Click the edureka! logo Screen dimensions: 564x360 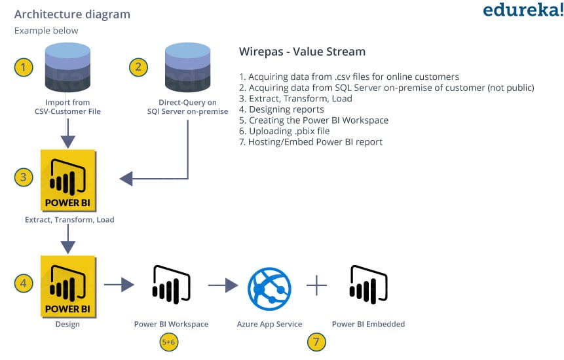click(x=523, y=10)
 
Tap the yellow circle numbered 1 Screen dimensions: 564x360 click(x=24, y=67)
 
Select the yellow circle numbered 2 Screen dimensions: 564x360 click(x=138, y=67)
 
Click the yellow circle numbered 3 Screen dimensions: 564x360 click(x=24, y=177)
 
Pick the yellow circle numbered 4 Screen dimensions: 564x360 click(x=24, y=283)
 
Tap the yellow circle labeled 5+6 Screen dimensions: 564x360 click(x=169, y=342)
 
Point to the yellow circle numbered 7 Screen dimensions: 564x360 click(x=316, y=342)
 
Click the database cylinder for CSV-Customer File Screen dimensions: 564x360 click(x=67, y=67)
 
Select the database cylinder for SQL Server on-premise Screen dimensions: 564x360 click(x=188, y=67)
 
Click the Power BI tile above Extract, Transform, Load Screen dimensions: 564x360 click(x=68, y=181)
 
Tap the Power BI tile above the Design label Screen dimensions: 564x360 click(x=68, y=287)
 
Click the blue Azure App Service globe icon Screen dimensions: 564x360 click(x=269, y=289)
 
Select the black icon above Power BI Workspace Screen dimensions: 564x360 click(x=171, y=285)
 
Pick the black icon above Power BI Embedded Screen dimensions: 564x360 click(x=368, y=285)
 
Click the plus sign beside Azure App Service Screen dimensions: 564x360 click(x=317, y=285)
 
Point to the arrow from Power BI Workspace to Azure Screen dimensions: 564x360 click(x=223, y=285)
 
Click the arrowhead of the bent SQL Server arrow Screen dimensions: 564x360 click(x=126, y=179)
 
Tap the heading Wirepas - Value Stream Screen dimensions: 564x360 click(x=302, y=52)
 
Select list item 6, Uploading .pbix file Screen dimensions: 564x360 click(x=284, y=131)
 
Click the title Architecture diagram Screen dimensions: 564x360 click(x=72, y=14)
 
